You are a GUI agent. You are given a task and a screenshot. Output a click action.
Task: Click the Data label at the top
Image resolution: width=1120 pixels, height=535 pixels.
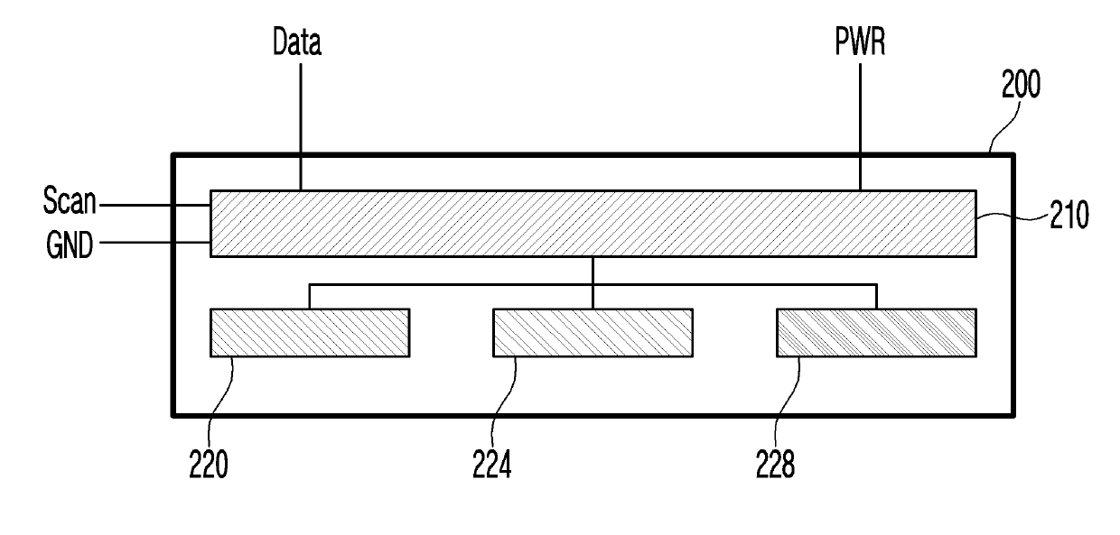tap(298, 42)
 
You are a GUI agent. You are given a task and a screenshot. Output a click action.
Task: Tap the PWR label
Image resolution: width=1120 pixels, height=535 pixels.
tap(859, 42)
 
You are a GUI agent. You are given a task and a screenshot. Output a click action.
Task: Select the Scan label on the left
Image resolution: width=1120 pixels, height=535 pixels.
tap(70, 202)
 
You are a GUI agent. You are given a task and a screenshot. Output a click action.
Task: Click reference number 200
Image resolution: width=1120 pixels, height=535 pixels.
tap(1021, 85)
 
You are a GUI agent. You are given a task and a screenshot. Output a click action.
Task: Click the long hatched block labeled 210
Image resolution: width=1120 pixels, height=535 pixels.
tap(593, 224)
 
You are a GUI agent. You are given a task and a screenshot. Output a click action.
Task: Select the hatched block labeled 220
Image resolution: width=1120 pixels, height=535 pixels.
tap(310, 332)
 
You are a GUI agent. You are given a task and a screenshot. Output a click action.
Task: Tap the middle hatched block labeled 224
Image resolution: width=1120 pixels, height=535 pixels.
tap(593, 332)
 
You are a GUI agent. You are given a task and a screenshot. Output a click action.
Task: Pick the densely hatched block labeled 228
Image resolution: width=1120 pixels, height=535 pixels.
tap(876, 332)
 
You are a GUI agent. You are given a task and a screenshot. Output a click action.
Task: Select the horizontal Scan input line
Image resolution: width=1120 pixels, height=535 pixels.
tap(154, 206)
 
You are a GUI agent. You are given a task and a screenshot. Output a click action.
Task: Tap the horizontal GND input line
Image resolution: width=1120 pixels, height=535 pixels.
tap(154, 242)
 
